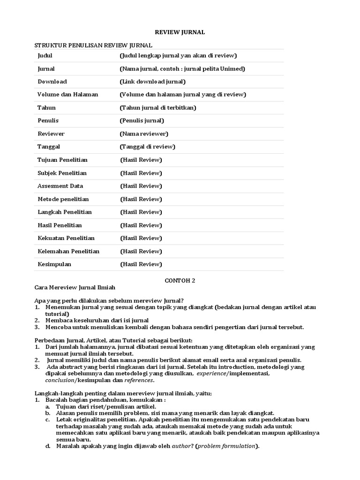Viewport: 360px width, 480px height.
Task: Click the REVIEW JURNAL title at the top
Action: click(180, 32)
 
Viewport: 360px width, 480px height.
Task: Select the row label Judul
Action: click(45, 55)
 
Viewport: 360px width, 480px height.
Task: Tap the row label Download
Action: click(52, 82)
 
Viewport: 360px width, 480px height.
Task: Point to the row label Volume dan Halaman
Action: click(67, 95)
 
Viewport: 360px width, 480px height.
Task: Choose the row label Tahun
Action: click(46, 108)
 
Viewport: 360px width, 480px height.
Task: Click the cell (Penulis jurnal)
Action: click(142, 120)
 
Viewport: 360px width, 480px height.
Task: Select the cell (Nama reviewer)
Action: click(144, 134)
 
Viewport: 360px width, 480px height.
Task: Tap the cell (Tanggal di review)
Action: click(148, 147)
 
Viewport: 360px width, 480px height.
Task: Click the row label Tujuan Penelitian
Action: click(62, 160)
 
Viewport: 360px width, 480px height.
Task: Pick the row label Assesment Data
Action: click(60, 186)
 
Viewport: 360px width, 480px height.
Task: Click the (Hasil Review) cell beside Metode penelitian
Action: click(141, 199)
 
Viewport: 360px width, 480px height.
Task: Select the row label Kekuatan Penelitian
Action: click(66, 238)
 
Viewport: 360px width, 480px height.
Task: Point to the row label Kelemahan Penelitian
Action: click(68, 251)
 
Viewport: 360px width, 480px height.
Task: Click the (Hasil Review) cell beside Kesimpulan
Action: click(141, 264)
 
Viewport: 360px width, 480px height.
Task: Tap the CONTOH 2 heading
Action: click(180, 281)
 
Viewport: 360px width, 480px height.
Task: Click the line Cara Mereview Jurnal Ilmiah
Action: click(75, 287)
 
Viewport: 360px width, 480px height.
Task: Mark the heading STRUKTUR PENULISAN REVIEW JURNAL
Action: click(94, 45)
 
